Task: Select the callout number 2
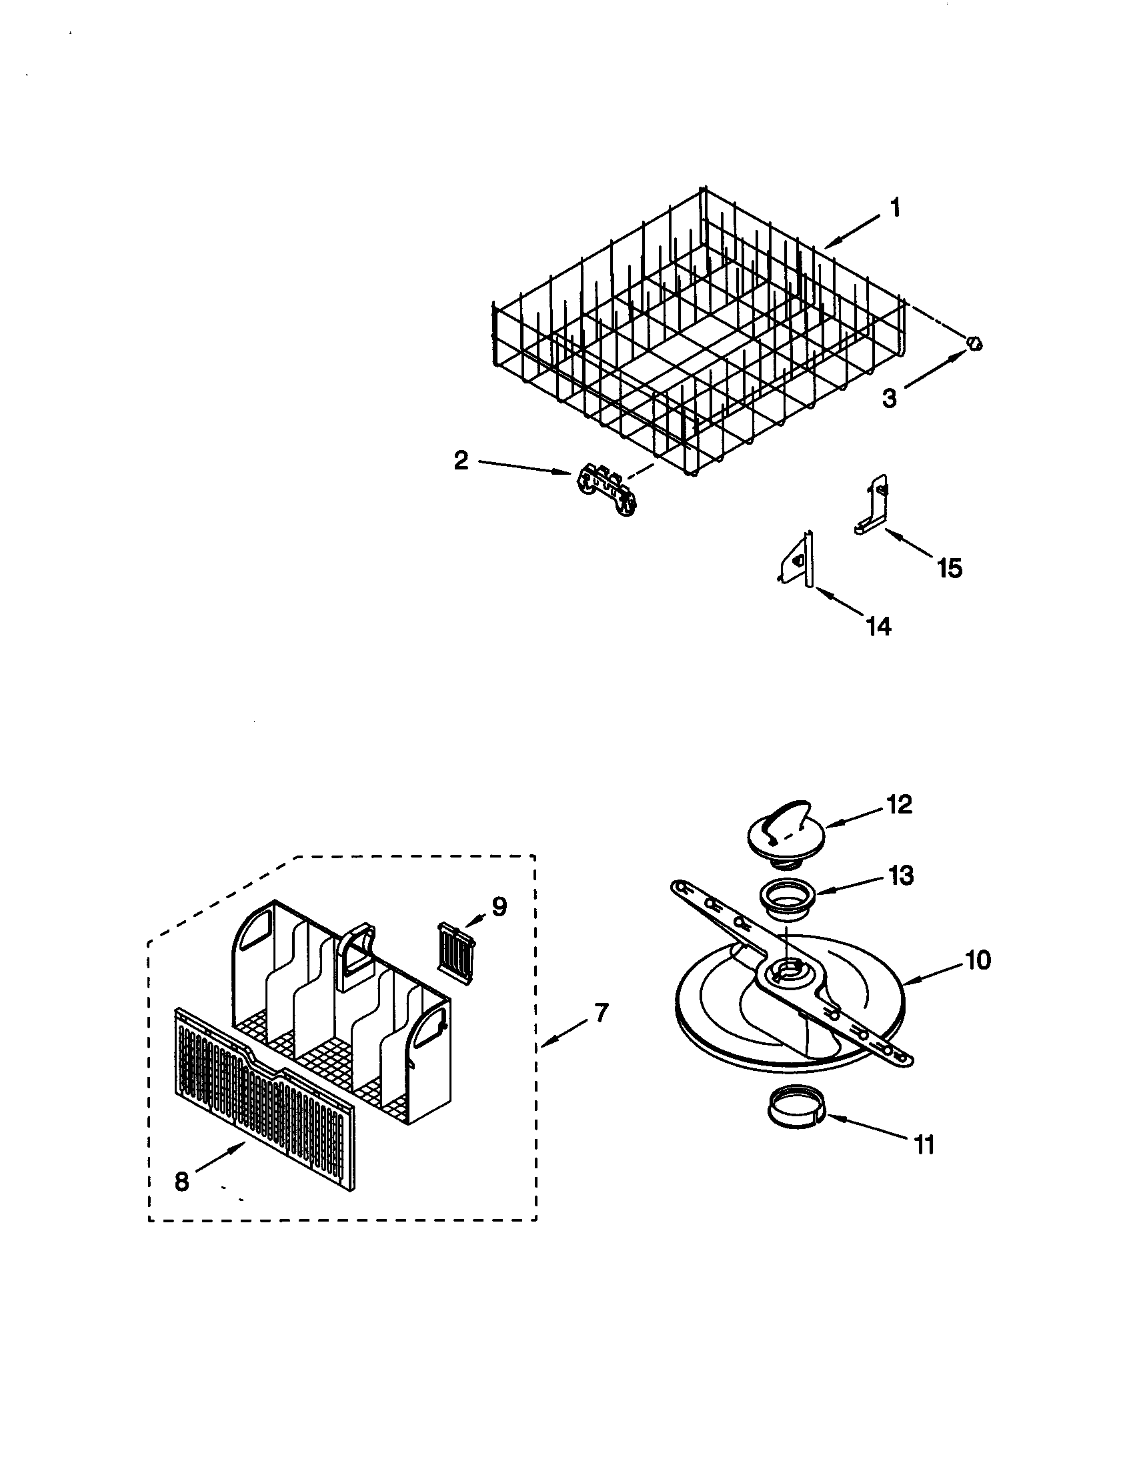click(x=461, y=461)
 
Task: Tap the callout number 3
click(x=888, y=398)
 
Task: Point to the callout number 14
click(x=878, y=626)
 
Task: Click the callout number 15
click(x=950, y=568)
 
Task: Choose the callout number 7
click(x=600, y=1012)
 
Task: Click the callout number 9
click(x=499, y=907)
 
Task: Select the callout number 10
click(x=978, y=960)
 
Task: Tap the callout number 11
click(x=925, y=1145)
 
